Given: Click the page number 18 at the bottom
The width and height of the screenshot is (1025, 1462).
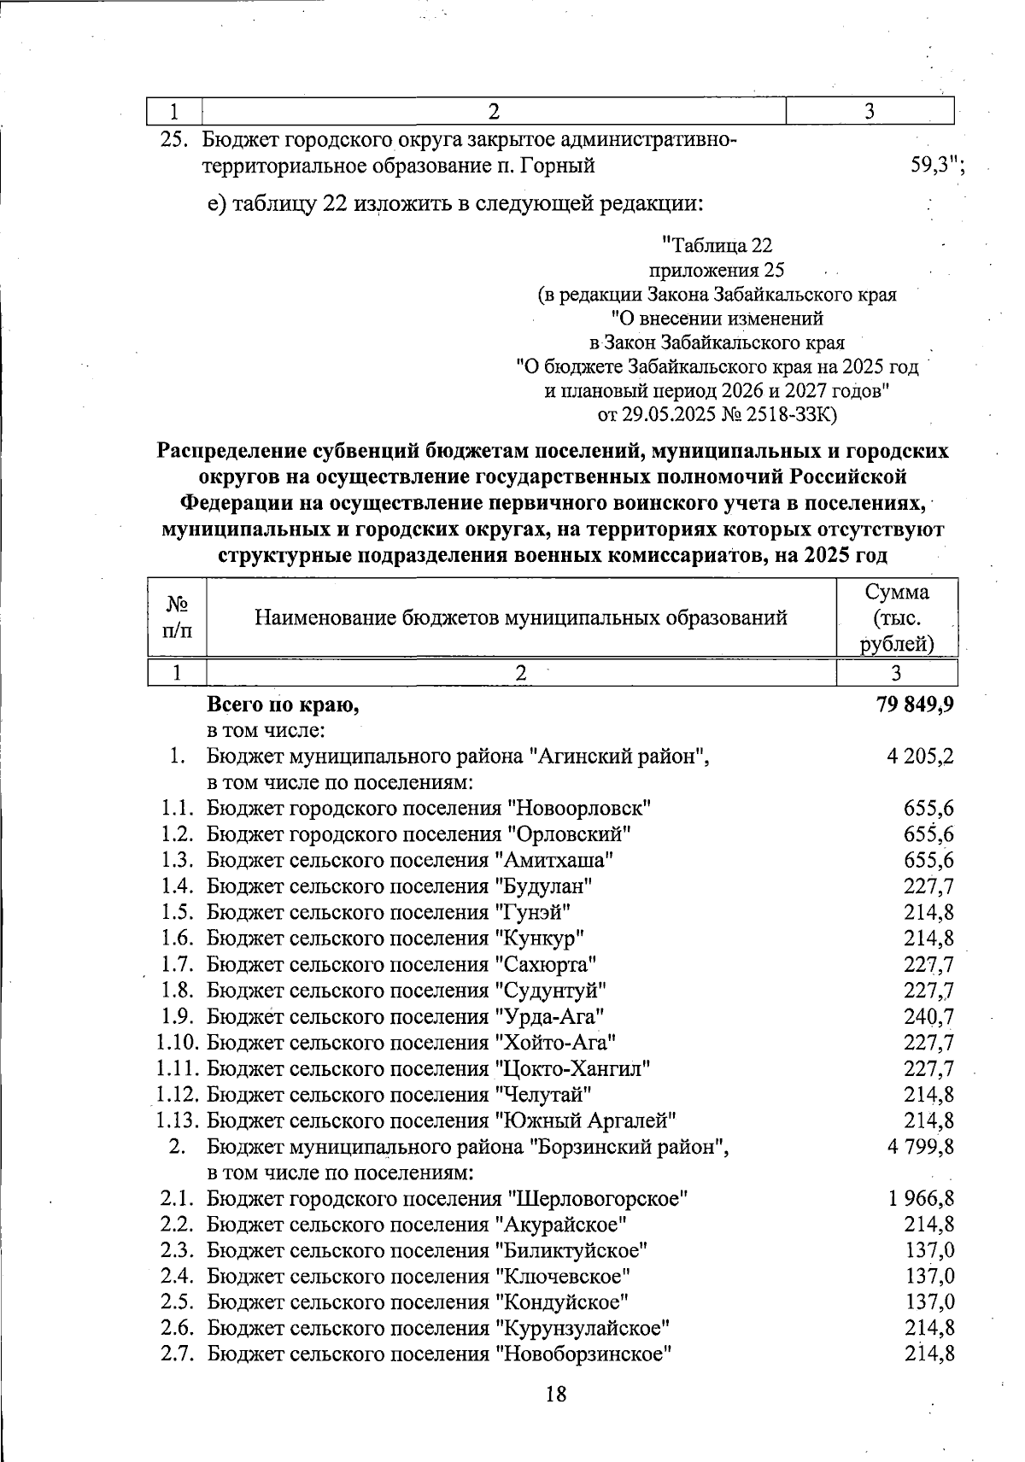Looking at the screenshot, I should (555, 1395).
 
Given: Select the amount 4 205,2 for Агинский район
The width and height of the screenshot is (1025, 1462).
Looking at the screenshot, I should (922, 756).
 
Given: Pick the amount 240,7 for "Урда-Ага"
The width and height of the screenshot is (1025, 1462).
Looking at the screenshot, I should (929, 1016).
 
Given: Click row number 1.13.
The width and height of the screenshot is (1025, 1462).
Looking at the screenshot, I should (178, 1120).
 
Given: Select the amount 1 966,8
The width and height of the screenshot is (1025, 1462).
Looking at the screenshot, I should (922, 1199).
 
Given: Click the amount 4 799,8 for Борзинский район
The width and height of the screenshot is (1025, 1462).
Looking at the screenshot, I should (922, 1147).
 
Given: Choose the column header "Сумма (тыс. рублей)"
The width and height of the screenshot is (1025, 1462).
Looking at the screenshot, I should (896, 617).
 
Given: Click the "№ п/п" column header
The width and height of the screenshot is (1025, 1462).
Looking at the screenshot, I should (177, 617).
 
